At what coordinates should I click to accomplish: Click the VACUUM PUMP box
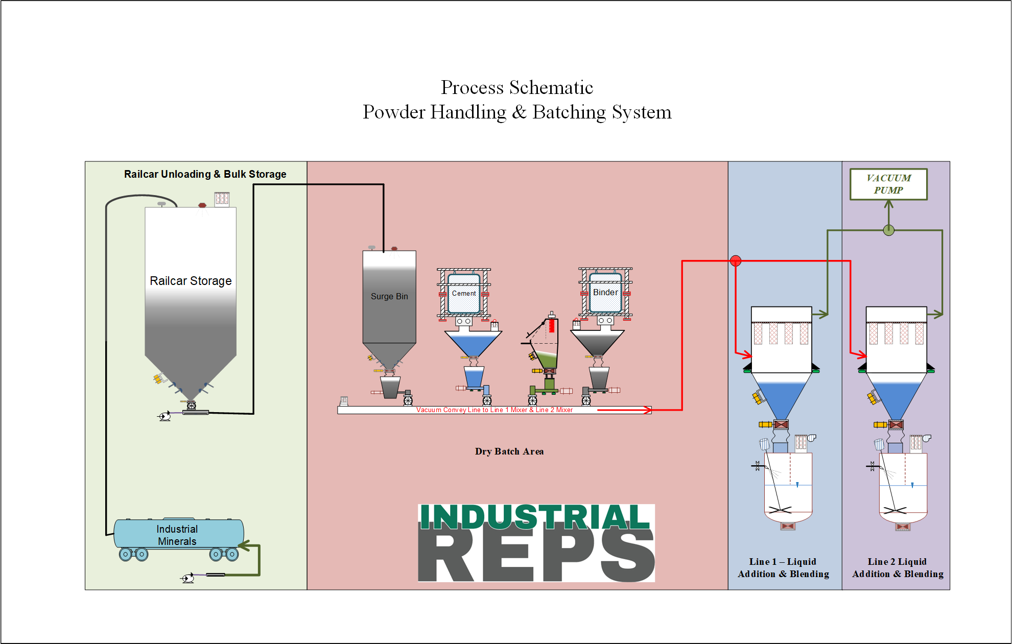[x=888, y=184]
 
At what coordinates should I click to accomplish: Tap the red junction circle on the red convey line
[x=736, y=261]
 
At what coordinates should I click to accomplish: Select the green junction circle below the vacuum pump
[x=889, y=230]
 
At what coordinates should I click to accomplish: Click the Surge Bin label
[x=389, y=296]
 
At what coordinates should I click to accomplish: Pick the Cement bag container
[x=464, y=294]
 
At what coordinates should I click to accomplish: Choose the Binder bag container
[x=605, y=293]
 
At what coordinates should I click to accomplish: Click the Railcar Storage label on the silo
[x=191, y=281]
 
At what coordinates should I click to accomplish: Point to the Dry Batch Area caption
[x=509, y=451]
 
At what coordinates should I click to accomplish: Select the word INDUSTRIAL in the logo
[x=534, y=517]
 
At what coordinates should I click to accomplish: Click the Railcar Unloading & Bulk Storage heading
[x=205, y=174]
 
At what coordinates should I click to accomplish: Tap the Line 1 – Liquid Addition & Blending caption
[x=783, y=568]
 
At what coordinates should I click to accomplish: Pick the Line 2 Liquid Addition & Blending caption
[x=898, y=568]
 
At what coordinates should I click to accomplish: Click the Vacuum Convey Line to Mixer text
[x=494, y=410]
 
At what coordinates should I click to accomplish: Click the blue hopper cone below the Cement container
[x=473, y=344]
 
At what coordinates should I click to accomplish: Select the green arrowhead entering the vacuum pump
[x=889, y=205]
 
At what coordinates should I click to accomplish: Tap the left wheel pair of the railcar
[x=133, y=554]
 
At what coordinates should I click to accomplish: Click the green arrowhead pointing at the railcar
[x=244, y=546]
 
